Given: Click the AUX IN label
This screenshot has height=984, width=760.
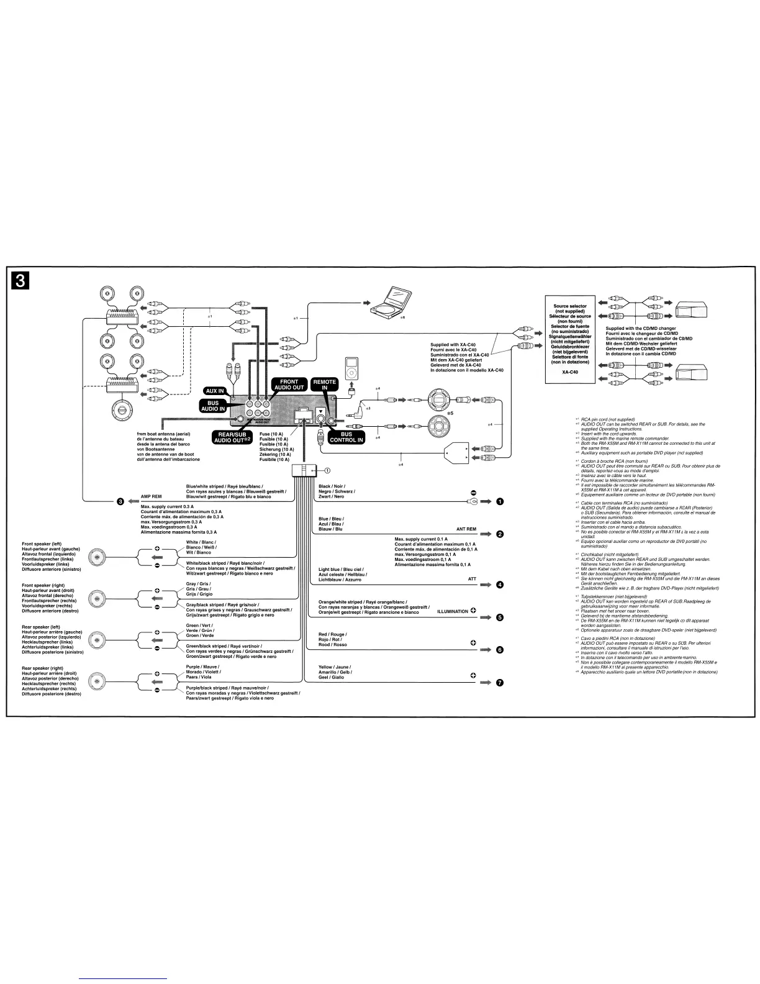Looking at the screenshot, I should (215, 391).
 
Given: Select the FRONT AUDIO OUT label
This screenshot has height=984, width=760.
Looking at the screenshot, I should (289, 385).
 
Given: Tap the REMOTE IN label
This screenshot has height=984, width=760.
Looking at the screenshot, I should (324, 385).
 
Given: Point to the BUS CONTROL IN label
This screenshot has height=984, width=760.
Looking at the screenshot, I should (346, 437).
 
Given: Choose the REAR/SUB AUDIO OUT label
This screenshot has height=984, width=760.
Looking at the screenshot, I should (232, 437).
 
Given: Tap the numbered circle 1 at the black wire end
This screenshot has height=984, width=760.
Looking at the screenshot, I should (500, 501).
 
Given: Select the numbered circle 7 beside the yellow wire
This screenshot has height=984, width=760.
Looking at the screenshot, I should (500, 683).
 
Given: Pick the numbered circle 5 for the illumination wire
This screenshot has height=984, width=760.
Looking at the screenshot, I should (500, 617).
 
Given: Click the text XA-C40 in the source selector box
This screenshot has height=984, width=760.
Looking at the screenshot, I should (570, 372).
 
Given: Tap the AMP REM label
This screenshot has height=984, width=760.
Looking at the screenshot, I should (152, 497).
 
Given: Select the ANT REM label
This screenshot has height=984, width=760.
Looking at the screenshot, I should (466, 529).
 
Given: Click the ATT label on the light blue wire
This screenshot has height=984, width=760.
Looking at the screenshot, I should (471, 579).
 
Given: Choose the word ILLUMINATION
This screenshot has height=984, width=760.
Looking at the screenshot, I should (453, 612).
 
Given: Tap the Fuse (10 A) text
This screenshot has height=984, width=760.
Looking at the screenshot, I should (271, 434).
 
